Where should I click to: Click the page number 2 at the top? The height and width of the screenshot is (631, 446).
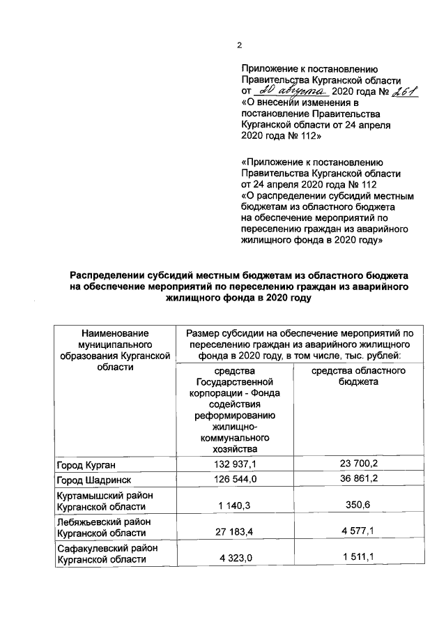239,46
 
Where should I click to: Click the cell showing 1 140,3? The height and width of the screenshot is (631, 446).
235,505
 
